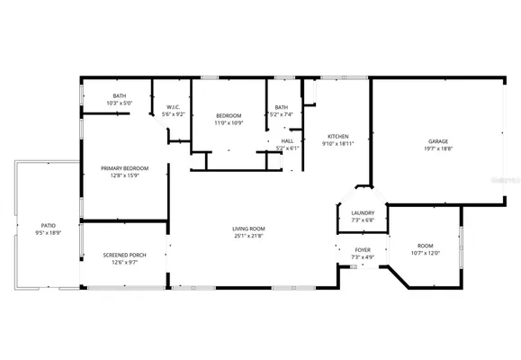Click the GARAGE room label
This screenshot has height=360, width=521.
click(x=438, y=141)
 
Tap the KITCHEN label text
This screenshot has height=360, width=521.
click(x=338, y=135)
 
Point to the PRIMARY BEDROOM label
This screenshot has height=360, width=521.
click(x=125, y=168)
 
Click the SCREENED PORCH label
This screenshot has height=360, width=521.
click(x=125, y=255)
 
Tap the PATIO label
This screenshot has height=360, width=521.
click(x=49, y=225)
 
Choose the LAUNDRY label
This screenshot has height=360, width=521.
click(x=350, y=213)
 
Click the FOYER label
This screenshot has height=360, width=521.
click(x=363, y=250)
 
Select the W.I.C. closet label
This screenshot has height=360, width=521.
click(x=174, y=106)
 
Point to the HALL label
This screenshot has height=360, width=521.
click(x=287, y=140)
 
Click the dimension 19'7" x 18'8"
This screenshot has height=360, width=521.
click(x=438, y=149)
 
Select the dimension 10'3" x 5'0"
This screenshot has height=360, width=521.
click(x=119, y=103)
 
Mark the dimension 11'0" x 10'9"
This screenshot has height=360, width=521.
click(x=229, y=122)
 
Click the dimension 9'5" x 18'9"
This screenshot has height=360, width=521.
click(x=49, y=233)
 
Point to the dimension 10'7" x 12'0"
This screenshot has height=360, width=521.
click(x=425, y=253)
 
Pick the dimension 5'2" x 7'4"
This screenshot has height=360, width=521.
click(x=282, y=114)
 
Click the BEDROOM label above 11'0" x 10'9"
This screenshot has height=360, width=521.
click(x=229, y=114)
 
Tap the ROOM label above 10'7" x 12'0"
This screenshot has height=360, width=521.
click(x=425, y=245)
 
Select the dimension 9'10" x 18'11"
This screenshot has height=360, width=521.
click(x=338, y=143)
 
